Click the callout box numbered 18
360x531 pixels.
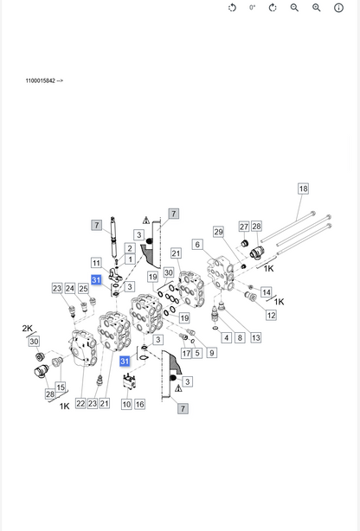point(303,189)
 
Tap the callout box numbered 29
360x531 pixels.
point(218,232)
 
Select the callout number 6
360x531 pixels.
point(197,245)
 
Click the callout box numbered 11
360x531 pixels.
point(96,263)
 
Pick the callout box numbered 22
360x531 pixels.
point(80,403)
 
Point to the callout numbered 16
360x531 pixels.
point(139,404)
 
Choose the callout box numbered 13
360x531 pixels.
point(255,337)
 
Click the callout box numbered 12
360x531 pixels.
point(271,316)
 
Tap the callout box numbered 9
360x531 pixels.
point(211,353)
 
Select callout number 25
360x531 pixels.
point(83,289)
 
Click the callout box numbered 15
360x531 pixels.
point(61,387)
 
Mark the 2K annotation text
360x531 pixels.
point(27,328)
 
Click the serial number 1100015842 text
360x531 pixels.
point(41,80)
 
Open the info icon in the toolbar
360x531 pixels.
point(338,8)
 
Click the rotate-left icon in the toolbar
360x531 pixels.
point(232,8)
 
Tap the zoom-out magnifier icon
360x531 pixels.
point(294,8)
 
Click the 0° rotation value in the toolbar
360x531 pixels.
point(253,8)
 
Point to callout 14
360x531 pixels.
point(266,292)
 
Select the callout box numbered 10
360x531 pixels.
point(126,404)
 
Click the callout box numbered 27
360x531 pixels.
point(244,227)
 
